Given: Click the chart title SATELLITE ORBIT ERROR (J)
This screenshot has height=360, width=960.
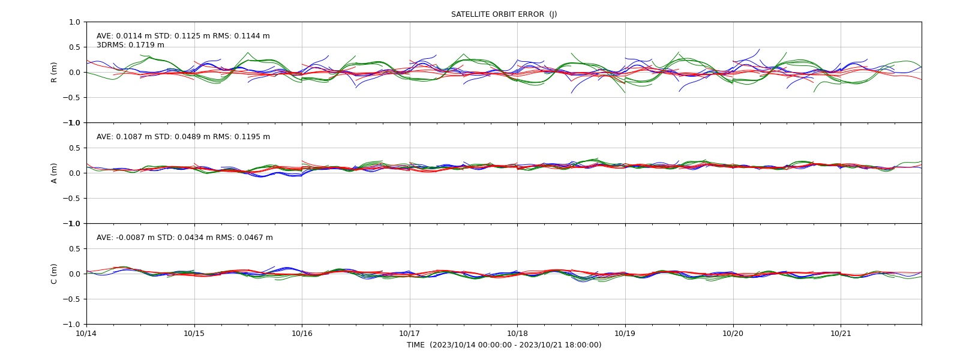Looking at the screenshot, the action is click(504, 14).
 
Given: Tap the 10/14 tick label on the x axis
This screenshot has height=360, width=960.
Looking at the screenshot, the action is click(86, 334).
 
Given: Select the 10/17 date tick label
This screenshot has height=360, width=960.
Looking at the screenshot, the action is click(410, 334).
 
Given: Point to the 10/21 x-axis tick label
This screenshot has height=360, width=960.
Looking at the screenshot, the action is click(841, 334).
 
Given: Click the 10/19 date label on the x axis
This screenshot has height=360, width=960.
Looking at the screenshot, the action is click(625, 334).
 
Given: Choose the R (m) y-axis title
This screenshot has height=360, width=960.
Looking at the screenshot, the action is click(54, 73).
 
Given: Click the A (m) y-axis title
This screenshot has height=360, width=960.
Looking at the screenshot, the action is click(54, 173).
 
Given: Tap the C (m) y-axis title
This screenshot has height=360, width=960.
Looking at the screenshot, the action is click(54, 274).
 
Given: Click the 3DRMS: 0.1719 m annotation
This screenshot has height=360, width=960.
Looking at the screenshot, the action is click(130, 45).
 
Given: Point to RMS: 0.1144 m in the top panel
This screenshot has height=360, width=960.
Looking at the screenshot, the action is click(241, 36).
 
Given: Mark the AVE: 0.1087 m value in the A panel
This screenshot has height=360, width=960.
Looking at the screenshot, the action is click(124, 137).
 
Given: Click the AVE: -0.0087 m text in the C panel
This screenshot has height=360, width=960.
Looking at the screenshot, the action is click(125, 238).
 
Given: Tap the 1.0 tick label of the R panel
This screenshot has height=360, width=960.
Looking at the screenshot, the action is click(74, 22).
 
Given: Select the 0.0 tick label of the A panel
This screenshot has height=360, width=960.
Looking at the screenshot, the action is click(74, 173).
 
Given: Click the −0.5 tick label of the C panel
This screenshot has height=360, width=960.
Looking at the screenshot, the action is click(71, 299).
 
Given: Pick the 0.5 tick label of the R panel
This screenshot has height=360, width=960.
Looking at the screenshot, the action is click(74, 47).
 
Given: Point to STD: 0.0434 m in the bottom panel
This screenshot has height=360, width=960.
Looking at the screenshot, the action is click(185, 238).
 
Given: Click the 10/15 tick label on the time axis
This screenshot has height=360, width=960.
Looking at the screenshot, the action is click(194, 334).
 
